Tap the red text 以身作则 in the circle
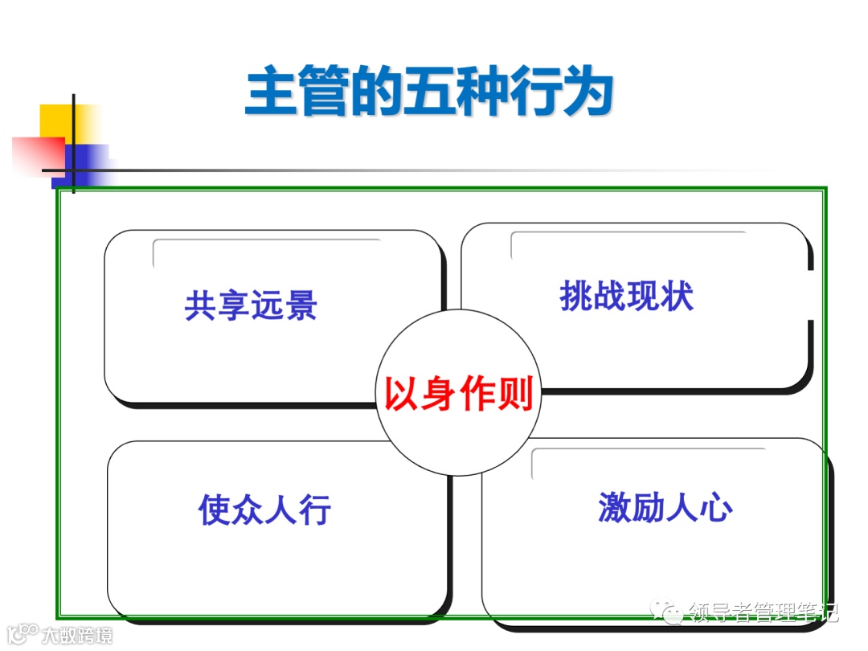pyautogui.click(x=459, y=394)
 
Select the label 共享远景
pyautogui.click(x=251, y=305)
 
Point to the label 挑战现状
pyautogui.click(x=626, y=297)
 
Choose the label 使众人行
pyautogui.click(x=264, y=509)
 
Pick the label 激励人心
pyautogui.click(x=665, y=507)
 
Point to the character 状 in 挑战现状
pyautogui.click(x=677, y=297)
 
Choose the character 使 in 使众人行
pyautogui.click(x=215, y=509)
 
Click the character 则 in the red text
pyautogui.click(x=516, y=394)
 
